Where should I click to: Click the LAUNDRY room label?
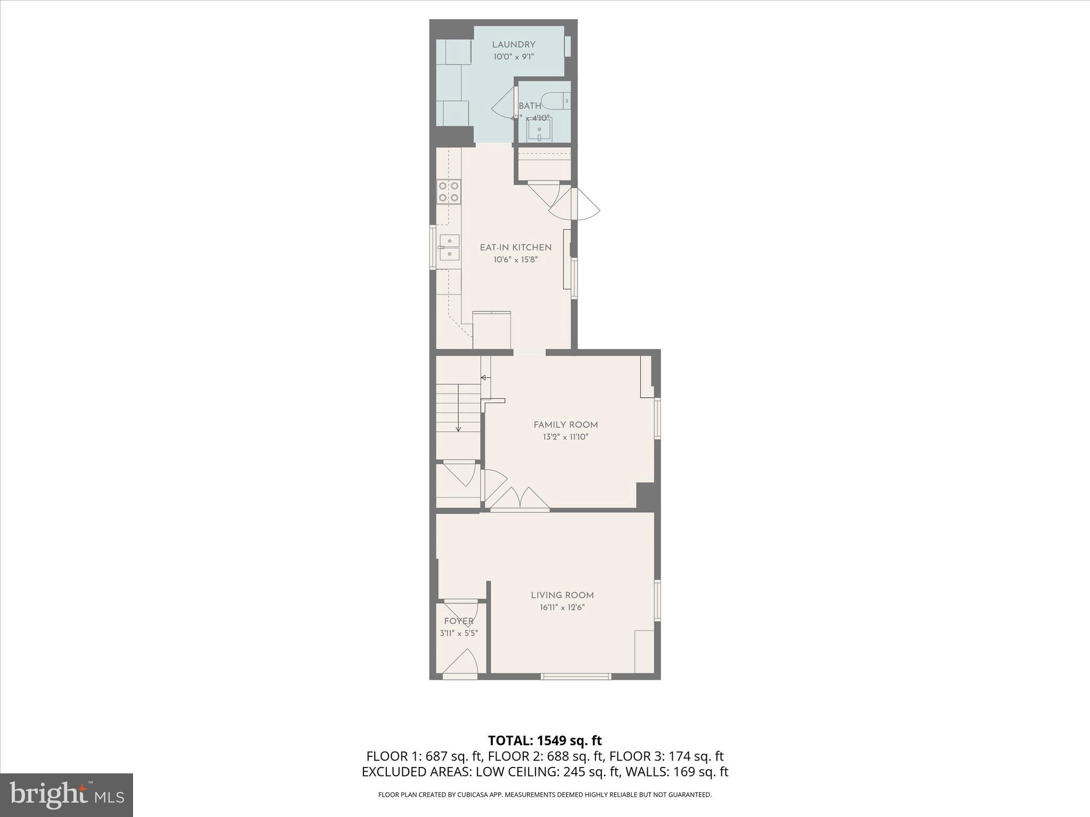(514, 45)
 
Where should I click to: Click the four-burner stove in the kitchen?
(449, 191)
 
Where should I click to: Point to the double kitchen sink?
(450, 247)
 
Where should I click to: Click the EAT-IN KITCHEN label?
(516, 247)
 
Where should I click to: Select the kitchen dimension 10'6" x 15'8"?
(516, 260)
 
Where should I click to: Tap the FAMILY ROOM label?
(566, 424)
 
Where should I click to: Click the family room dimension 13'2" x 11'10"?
(566, 437)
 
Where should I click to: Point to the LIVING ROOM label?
(562, 595)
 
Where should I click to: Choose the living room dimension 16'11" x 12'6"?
(562, 607)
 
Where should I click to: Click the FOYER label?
(459, 621)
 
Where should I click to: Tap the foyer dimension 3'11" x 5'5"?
(459, 633)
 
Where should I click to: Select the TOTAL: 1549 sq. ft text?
(545, 740)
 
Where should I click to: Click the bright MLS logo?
(67, 795)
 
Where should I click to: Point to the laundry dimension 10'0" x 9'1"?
(514, 57)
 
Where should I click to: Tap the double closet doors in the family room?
(520, 498)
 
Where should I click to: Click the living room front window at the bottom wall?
(576, 677)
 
